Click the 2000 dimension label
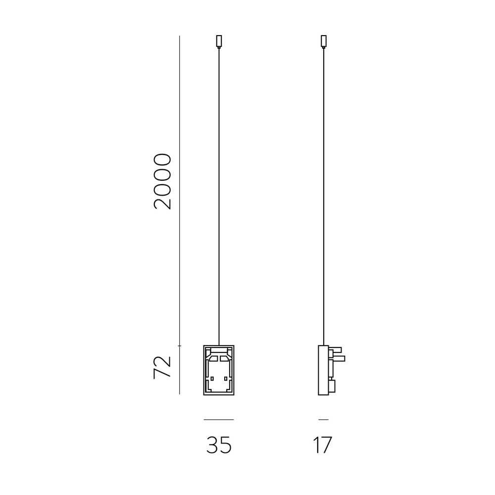click(x=162, y=182)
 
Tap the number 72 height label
click(x=162, y=367)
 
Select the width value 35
click(x=219, y=445)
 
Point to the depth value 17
click(x=323, y=445)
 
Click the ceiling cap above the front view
click(x=219, y=42)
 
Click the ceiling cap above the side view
click(x=324, y=42)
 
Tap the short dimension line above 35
click(x=219, y=420)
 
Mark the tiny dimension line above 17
click(x=324, y=420)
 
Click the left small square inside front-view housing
click(x=212, y=379)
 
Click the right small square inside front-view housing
click(x=226, y=379)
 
